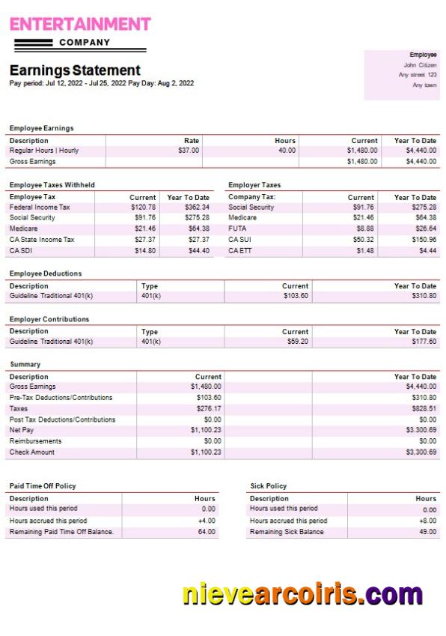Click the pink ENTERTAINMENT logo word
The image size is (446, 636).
point(80,24)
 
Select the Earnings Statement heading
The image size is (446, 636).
point(75,70)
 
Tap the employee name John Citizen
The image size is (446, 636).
point(420,65)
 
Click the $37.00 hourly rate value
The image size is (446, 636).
point(189,151)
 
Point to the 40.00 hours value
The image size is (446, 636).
point(286,151)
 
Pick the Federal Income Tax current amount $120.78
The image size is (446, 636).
point(143,208)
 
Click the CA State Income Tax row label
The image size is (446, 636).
point(42,240)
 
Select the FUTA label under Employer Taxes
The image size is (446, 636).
point(237,228)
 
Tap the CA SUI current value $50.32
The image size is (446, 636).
point(363,240)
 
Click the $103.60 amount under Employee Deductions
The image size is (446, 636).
point(296,296)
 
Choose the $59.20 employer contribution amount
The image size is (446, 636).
point(297,342)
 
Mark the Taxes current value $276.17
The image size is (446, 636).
point(207,409)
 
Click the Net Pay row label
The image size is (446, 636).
point(22,430)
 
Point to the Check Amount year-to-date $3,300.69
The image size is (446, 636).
point(421,452)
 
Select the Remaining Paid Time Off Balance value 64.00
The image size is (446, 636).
point(207,532)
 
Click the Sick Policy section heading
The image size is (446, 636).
point(268,486)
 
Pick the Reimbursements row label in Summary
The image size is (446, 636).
point(35,441)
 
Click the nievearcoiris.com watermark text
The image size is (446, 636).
point(302,595)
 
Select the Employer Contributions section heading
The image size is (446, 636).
point(49,319)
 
